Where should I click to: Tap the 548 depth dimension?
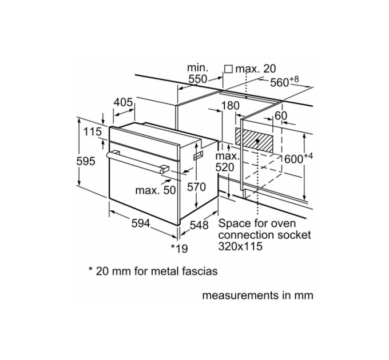click(x=199, y=225)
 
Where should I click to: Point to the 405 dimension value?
click(x=123, y=102)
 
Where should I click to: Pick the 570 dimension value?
click(x=196, y=186)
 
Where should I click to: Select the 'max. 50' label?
click(x=155, y=190)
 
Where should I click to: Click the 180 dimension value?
click(x=230, y=106)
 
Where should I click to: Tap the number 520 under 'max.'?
click(x=225, y=167)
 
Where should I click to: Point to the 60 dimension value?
click(x=280, y=115)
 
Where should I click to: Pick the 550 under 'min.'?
click(x=197, y=79)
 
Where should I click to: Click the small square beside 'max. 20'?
click(x=229, y=69)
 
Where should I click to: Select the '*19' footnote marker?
click(x=179, y=247)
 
